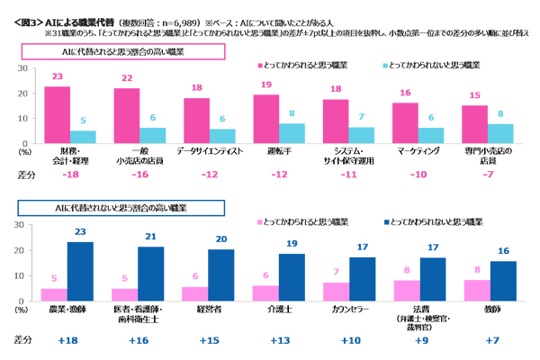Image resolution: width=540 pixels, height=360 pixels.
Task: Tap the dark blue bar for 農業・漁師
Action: (80, 272)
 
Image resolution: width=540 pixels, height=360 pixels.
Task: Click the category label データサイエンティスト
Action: (210, 150)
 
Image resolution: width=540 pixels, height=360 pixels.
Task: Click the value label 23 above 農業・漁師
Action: (80, 233)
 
